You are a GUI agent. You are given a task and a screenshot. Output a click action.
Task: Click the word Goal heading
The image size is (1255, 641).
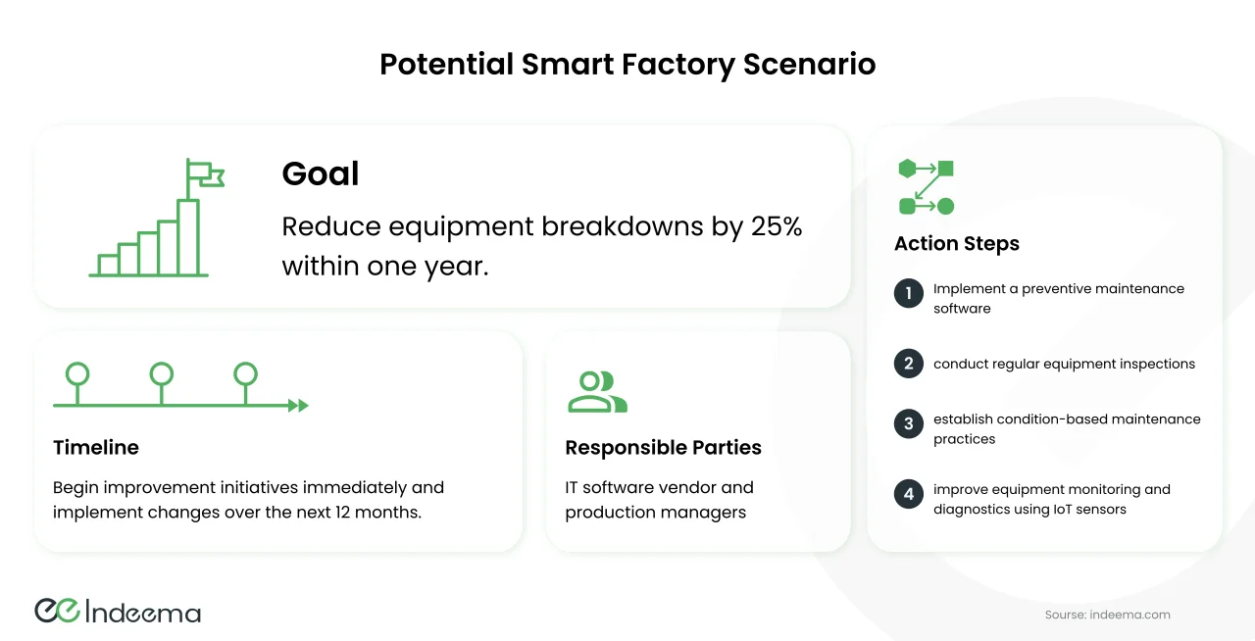[320, 173]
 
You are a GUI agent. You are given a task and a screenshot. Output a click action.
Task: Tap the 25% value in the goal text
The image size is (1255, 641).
[777, 226]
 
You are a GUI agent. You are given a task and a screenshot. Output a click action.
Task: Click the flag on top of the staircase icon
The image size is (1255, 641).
[206, 173]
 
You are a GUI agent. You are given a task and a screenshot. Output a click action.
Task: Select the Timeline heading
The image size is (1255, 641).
[96, 447]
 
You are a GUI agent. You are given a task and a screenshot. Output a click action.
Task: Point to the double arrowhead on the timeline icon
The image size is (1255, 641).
[299, 405]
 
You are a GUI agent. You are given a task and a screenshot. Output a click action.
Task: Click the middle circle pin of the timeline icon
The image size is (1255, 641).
[162, 374]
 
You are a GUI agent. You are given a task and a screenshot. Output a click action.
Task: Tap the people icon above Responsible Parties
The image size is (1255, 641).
[597, 392]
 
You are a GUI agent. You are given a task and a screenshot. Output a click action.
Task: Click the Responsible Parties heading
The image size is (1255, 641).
[664, 447]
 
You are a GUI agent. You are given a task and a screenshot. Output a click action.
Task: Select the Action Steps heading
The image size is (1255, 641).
[957, 243]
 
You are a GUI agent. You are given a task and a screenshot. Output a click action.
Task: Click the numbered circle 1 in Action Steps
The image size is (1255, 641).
[909, 293]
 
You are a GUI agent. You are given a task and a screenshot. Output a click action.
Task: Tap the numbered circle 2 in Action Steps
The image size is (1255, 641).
[909, 364]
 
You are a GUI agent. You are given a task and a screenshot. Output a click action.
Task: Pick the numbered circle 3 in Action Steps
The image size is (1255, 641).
[909, 424]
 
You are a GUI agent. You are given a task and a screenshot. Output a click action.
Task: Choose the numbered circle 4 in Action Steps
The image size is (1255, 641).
[909, 494]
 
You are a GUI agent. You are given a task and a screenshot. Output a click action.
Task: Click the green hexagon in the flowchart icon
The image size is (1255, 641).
[907, 169]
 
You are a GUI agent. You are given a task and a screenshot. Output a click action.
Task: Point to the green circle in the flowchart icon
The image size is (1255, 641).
[946, 206]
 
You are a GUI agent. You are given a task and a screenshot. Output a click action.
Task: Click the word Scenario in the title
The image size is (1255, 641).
[810, 64]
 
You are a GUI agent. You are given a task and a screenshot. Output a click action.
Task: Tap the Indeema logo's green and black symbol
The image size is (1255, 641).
[58, 611]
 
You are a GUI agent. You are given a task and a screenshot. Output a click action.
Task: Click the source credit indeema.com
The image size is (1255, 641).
[1130, 615]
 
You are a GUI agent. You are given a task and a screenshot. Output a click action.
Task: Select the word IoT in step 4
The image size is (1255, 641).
[1063, 510]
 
